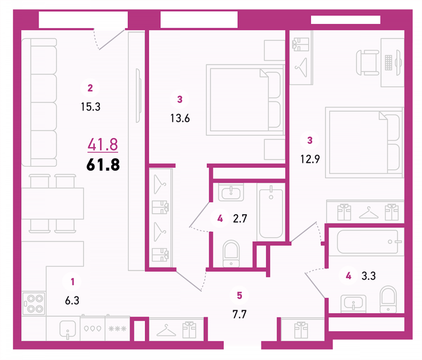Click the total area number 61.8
tap(103, 165)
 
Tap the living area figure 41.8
tap(103, 144)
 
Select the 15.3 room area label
tap(90, 107)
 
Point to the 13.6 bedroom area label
tap(180, 118)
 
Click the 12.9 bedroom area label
tap(310, 159)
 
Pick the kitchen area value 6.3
tap(72, 300)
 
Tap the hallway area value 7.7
tap(239, 314)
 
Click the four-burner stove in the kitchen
tap(34, 303)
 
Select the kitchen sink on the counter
tap(67, 329)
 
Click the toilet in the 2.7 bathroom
tap(231, 253)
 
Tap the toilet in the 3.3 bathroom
tap(388, 299)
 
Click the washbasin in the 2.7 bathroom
tap(231, 192)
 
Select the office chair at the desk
tap(368, 63)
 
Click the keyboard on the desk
tap(388, 62)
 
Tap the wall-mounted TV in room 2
tap(138, 96)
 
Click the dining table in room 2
tap(53, 203)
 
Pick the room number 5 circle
tap(239, 295)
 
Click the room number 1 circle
tap(72, 282)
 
